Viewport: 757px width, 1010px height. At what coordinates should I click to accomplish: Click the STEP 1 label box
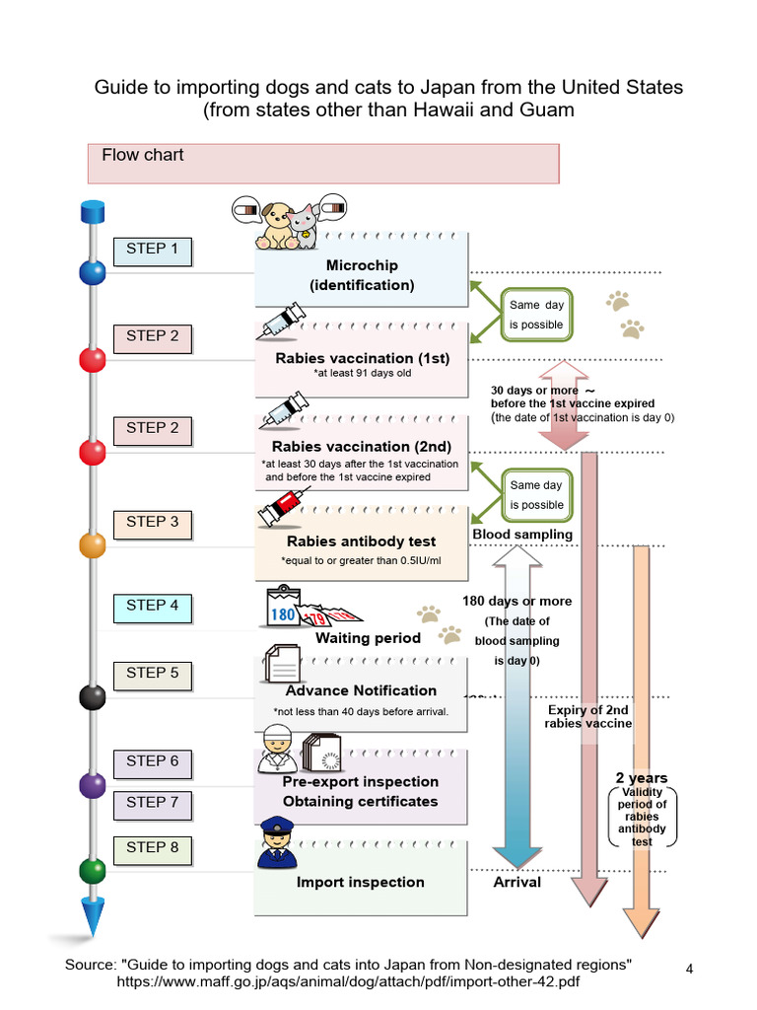coord(153,251)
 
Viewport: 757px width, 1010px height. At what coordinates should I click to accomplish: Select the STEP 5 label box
coord(153,674)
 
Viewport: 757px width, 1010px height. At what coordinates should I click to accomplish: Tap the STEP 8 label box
coord(153,848)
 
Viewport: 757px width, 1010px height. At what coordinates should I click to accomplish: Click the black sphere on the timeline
coord(93,696)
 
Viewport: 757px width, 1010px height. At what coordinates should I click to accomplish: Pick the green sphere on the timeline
coord(93,871)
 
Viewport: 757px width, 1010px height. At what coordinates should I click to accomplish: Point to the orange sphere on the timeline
coord(93,544)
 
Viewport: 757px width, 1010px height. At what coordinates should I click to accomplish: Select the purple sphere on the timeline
coord(93,785)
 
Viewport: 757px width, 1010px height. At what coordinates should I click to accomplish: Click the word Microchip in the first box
coord(362,265)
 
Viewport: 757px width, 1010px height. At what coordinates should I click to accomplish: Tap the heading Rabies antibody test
coord(361,541)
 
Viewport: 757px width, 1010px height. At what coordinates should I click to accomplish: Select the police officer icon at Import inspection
coord(276,844)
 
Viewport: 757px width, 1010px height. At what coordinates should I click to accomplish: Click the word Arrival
coord(516,882)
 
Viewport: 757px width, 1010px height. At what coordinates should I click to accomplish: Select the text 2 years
coord(641,778)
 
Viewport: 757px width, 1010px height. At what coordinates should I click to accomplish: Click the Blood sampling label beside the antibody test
coord(522,535)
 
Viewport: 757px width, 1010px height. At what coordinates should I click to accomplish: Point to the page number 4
coord(690,969)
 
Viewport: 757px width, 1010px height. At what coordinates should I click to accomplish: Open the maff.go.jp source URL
coord(348,982)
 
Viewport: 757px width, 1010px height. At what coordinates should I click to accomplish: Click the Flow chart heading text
coord(143,155)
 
